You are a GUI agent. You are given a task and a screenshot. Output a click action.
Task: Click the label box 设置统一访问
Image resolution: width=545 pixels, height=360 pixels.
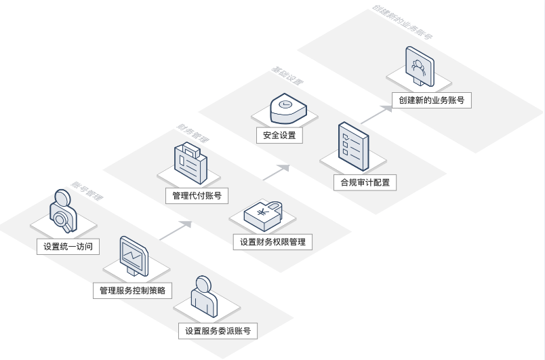(x=68, y=247)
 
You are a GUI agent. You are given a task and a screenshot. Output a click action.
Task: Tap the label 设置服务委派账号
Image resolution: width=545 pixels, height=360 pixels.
(x=218, y=332)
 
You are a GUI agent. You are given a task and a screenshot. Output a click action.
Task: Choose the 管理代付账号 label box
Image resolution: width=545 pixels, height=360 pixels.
(x=197, y=196)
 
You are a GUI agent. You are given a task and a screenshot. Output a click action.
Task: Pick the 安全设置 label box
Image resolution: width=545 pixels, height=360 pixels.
(x=279, y=135)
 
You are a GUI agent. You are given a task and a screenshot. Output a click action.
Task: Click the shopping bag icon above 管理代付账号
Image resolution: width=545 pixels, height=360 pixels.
(x=190, y=163)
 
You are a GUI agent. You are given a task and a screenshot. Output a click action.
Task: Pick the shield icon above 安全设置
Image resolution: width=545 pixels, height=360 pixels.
(x=286, y=106)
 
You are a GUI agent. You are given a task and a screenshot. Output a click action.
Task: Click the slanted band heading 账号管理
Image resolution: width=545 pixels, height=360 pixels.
(x=87, y=191)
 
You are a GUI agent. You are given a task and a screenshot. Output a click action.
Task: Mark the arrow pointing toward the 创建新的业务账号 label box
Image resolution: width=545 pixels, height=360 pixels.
(x=376, y=113)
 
